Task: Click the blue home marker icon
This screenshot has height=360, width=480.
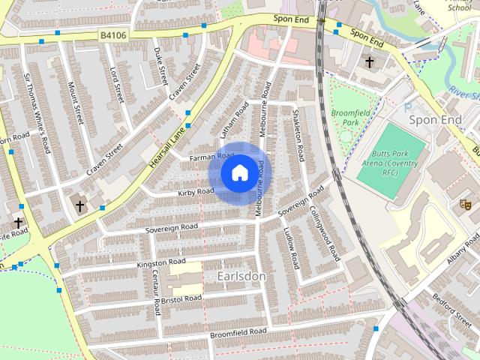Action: coord(238,173)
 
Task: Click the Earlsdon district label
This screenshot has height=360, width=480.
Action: coord(241,276)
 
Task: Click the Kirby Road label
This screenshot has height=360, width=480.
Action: coord(196,192)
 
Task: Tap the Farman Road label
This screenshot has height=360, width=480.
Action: coord(207,157)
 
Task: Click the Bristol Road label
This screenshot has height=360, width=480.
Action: coord(181,299)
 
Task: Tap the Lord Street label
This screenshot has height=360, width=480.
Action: coord(116,85)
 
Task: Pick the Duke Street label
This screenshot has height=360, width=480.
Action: coord(160,64)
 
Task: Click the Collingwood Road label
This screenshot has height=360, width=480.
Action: coord(324,233)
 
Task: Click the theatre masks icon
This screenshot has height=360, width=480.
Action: coord(464,202)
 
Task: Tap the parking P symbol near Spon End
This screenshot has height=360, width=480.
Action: coord(409,108)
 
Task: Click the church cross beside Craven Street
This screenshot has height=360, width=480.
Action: coord(80,204)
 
